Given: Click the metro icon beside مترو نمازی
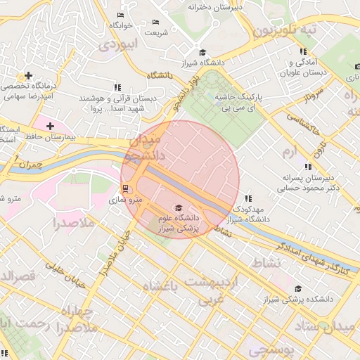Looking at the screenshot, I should (x=125, y=188).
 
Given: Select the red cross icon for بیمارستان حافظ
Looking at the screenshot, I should (x=50, y=125).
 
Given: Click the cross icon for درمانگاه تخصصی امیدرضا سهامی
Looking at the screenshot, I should (x=28, y=75).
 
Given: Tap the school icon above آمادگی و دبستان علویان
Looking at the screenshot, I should (x=303, y=52).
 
